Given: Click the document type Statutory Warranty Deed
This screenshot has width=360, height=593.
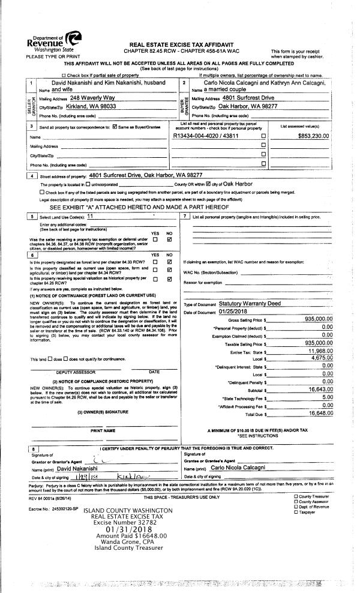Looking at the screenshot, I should pyautogui.click(x=250, y=304).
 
